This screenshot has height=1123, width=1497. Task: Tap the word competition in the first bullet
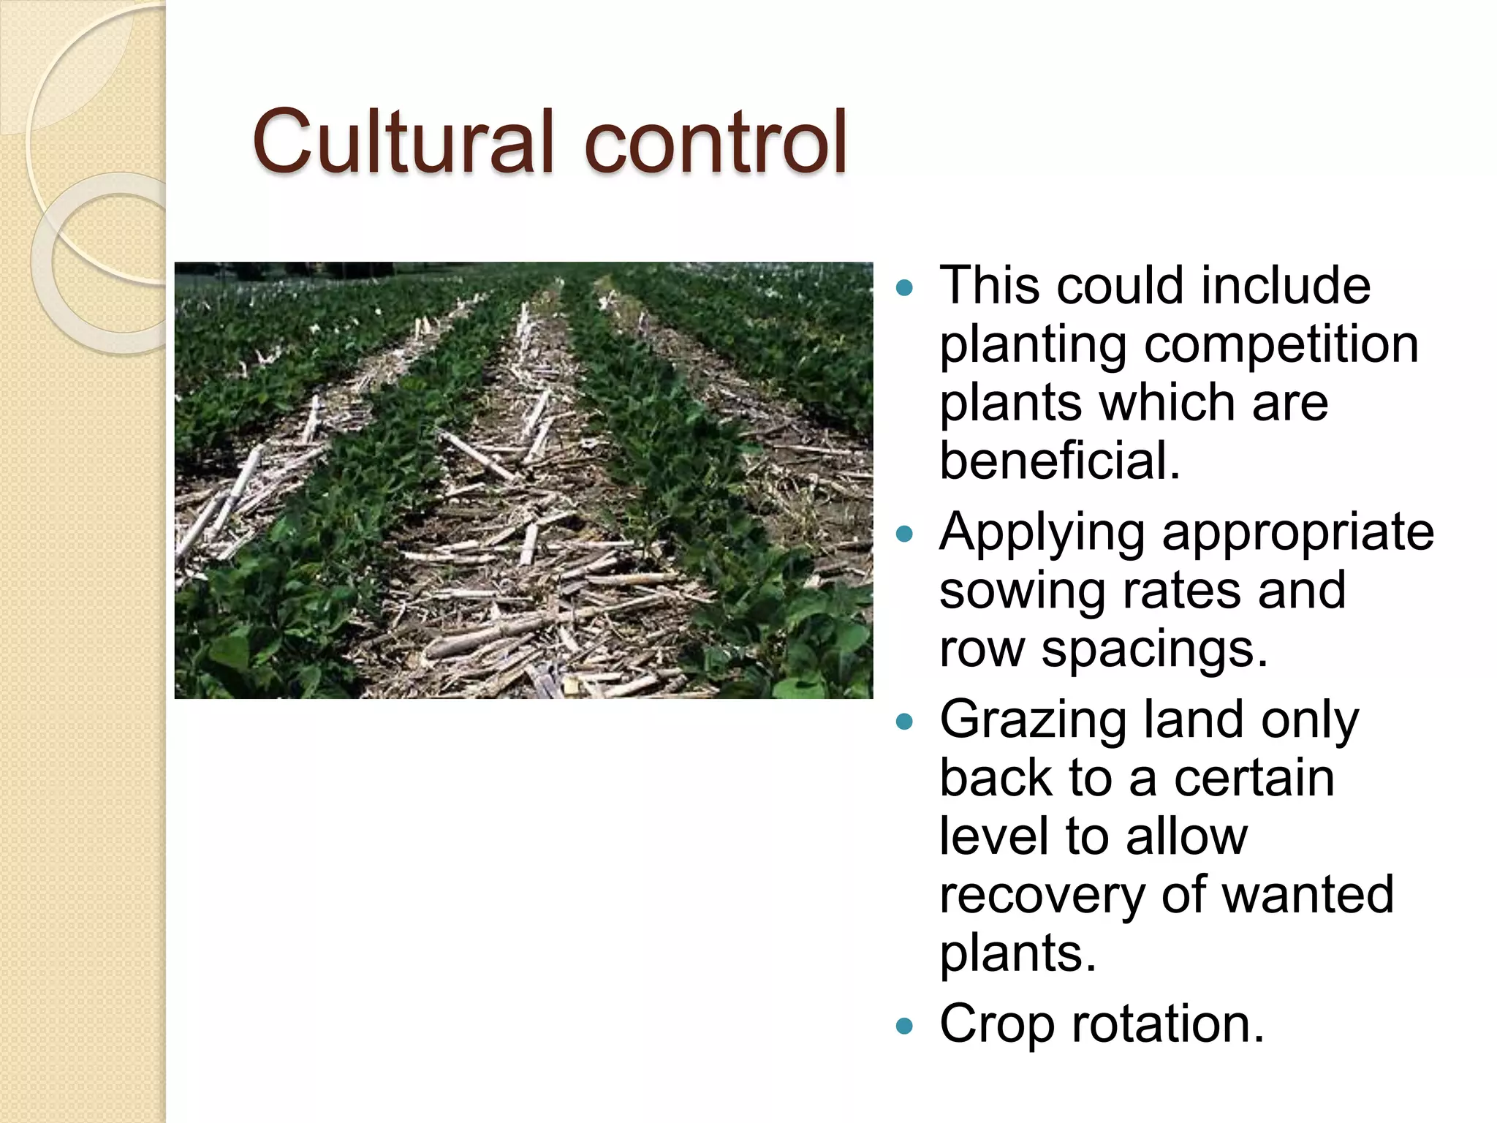point(1281,345)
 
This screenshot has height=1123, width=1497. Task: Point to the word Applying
point(1042,534)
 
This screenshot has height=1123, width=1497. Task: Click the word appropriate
point(1298,534)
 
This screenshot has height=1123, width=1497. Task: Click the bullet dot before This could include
point(905,287)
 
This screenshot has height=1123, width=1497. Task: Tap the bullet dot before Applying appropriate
point(905,534)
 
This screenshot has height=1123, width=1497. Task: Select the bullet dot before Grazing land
point(905,722)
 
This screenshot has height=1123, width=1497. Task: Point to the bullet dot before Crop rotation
point(905,1026)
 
